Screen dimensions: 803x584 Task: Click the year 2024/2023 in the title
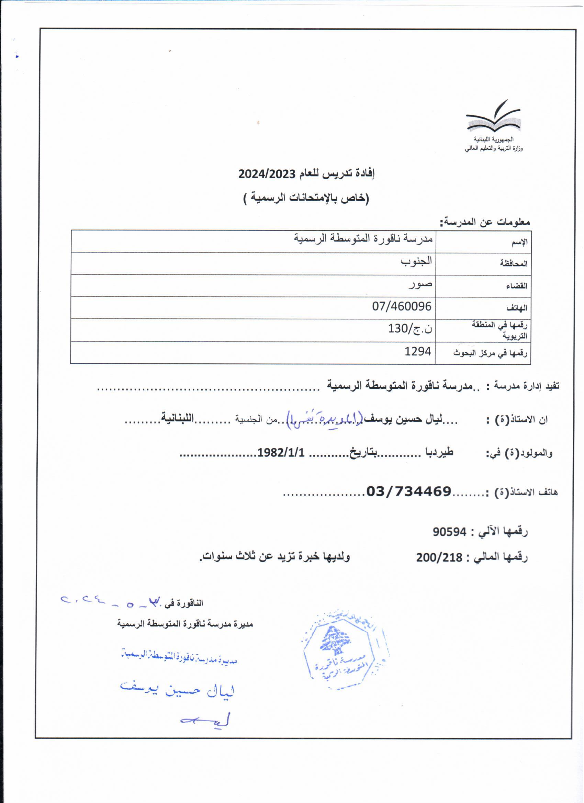pyautogui.click(x=267, y=174)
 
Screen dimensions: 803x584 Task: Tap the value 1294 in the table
pyautogui.click(x=418, y=352)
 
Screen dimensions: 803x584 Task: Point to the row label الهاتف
pyautogui.click(x=517, y=308)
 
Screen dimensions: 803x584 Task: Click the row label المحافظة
pyautogui.click(x=514, y=263)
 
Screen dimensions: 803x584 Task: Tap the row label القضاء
pyautogui.click(x=516, y=286)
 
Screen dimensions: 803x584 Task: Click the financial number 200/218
pyautogui.click(x=439, y=558)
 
